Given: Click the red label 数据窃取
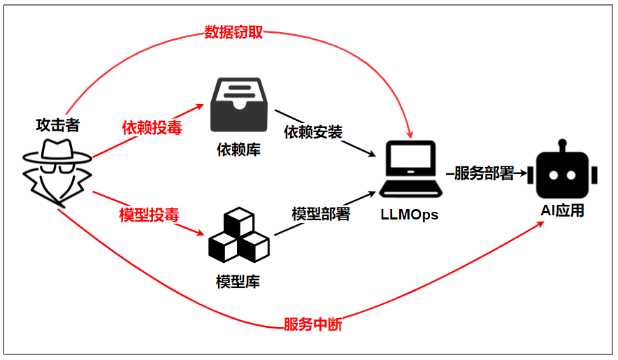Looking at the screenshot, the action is pos(233,32).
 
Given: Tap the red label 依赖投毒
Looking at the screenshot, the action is pos(152,128).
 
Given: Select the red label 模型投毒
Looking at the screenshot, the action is pos(149,215).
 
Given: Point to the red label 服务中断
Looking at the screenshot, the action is pos(313,324).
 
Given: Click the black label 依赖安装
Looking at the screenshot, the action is pos(313,132).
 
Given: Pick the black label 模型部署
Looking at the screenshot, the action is pos(321,214).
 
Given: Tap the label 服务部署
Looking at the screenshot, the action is pos(484,173).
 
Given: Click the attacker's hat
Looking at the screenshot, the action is pos(57,152).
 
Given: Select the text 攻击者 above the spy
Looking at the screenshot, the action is pos(58,125).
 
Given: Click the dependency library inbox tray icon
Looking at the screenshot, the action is pos(239,104).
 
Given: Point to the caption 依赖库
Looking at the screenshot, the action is pos(238,150).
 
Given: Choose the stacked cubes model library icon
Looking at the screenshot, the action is pos(239,235).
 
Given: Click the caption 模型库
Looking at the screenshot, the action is pos(238,282).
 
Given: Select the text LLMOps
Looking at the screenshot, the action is pos(409,215).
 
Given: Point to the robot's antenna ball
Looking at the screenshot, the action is pos(563,143).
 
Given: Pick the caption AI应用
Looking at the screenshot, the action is pos(563,210).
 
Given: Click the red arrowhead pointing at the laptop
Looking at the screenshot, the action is pos(410,134).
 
